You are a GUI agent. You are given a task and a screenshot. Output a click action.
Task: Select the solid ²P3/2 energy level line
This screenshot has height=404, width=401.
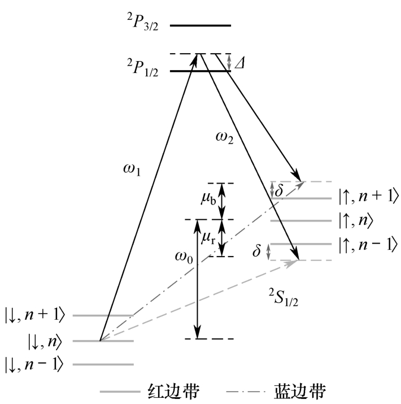click(200, 25)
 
